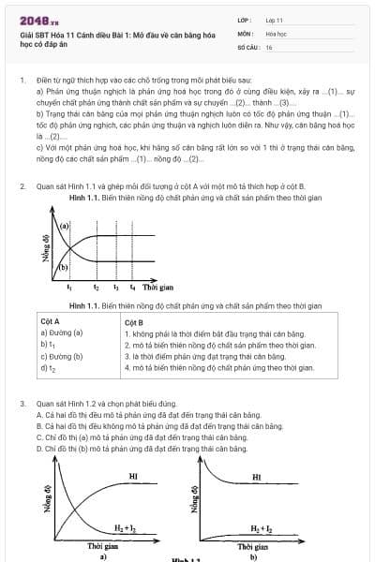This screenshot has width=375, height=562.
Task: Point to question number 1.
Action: pos(22,81)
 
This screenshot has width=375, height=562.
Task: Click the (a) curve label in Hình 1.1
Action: pos(65,228)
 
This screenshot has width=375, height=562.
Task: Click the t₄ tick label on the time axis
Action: pos(132,288)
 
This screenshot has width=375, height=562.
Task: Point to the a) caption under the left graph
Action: pos(103,555)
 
